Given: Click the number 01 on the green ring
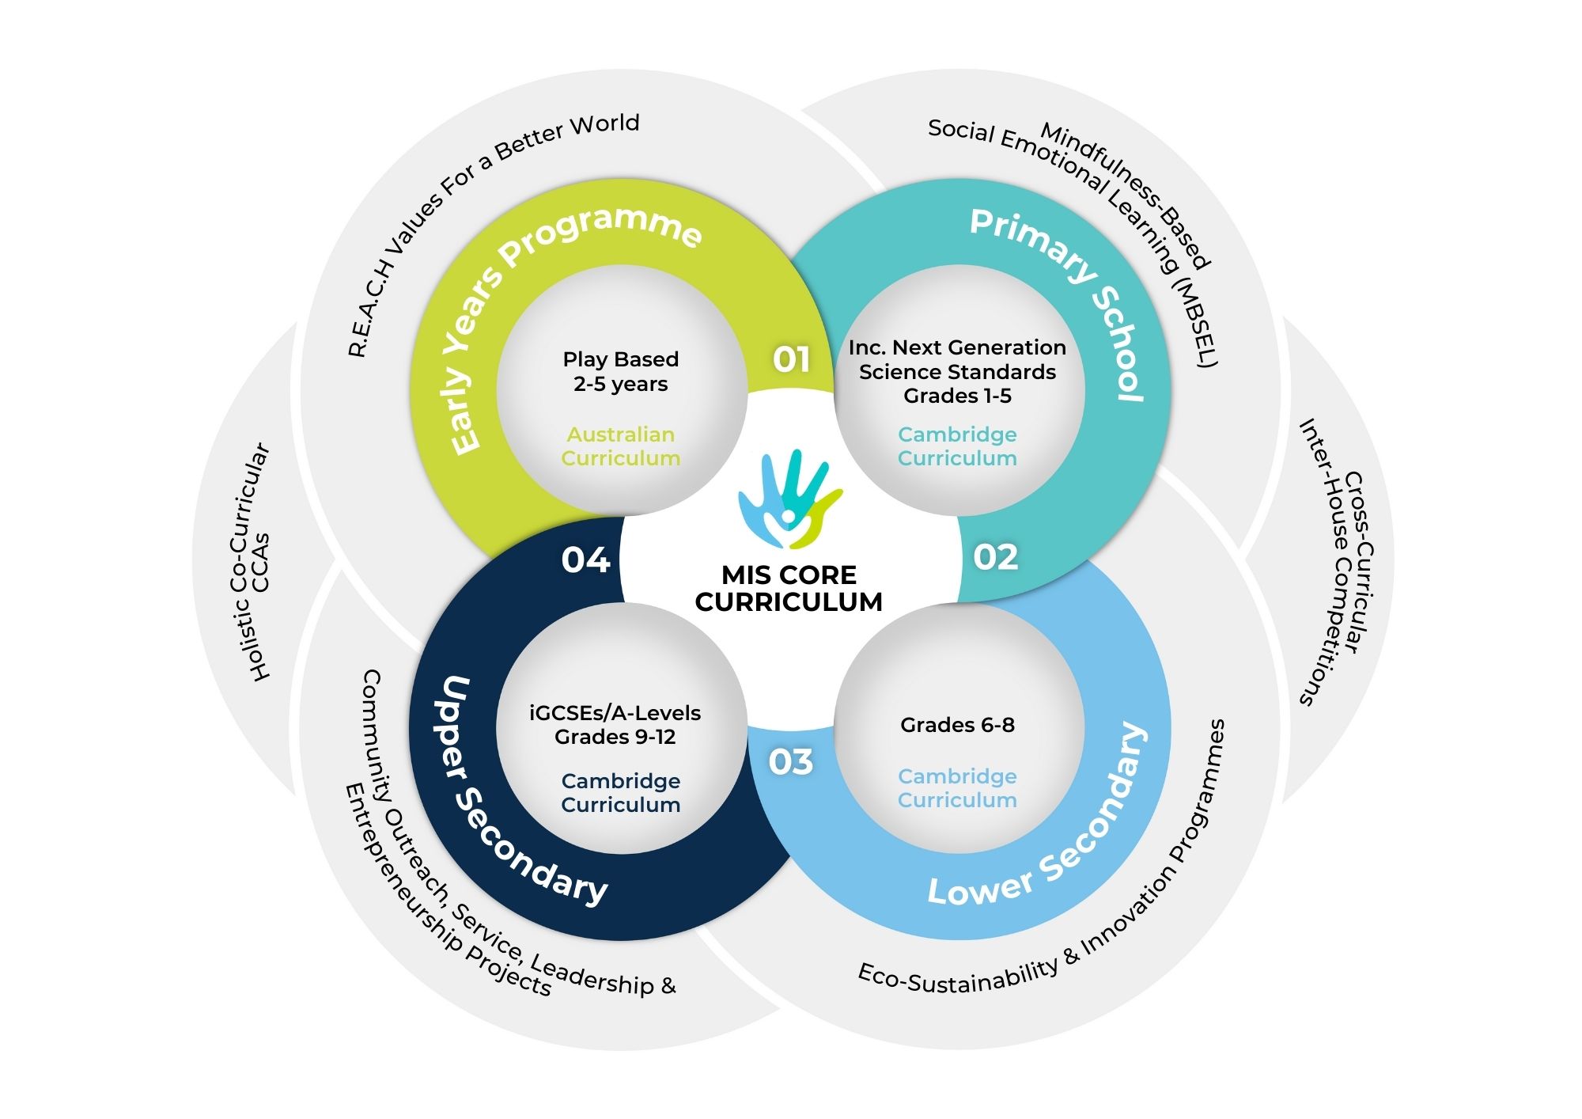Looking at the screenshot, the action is [791, 360].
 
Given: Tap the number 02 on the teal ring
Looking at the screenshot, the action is [995, 557].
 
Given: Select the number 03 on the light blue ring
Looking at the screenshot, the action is [790, 762].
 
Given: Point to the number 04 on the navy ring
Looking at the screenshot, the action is [585, 560].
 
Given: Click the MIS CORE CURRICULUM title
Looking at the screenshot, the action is [789, 588].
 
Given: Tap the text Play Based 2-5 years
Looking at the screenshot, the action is [621, 371].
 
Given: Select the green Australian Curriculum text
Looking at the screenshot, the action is [621, 446].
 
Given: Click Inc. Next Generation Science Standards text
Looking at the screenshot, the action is [957, 371].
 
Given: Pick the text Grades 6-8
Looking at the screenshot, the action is [957, 725].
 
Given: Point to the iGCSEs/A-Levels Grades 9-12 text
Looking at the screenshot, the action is [615, 725].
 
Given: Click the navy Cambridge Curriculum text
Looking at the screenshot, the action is [621, 793].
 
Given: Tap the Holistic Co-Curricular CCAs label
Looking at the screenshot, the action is [251, 562].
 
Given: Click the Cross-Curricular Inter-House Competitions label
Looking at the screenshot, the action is [1336, 562].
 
